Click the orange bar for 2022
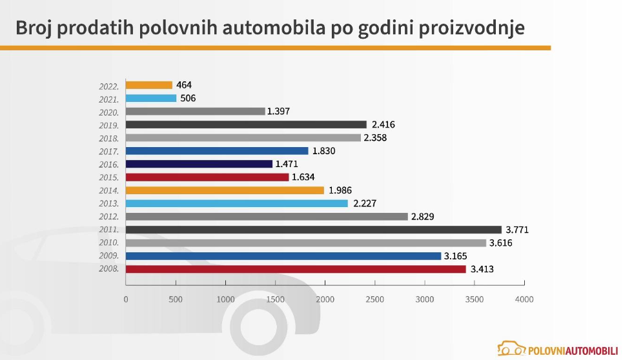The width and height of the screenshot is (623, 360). click(x=149, y=85)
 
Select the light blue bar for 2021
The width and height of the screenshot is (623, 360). click(x=151, y=98)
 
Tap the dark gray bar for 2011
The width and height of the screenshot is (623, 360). click(x=313, y=230)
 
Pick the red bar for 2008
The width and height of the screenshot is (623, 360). click(x=296, y=269)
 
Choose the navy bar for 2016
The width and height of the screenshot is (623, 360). click(x=199, y=164)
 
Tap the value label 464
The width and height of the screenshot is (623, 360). click(x=184, y=85)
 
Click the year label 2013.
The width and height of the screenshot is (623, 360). click(x=108, y=204)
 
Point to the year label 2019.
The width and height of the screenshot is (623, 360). click(x=108, y=125)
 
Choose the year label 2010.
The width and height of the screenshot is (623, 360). click(x=108, y=243)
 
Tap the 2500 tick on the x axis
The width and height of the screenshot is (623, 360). click(x=375, y=299)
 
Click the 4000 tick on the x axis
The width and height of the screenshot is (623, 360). click(x=524, y=299)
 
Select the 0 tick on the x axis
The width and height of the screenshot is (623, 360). click(x=126, y=299)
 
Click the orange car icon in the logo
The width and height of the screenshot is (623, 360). click(x=511, y=350)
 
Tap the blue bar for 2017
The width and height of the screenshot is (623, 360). click(x=217, y=151)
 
